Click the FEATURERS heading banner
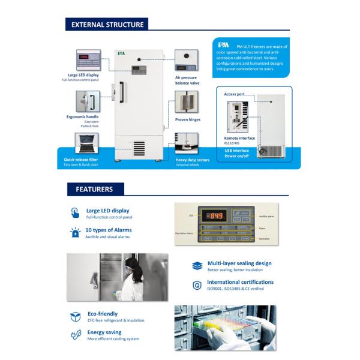(94, 189)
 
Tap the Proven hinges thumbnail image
(186, 103)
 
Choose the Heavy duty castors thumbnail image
(186, 145)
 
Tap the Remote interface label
(239, 138)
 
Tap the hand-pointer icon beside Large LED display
(75, 212)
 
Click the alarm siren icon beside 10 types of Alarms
(75, 232)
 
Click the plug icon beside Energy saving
(76, 335)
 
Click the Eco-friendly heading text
(103, 314)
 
